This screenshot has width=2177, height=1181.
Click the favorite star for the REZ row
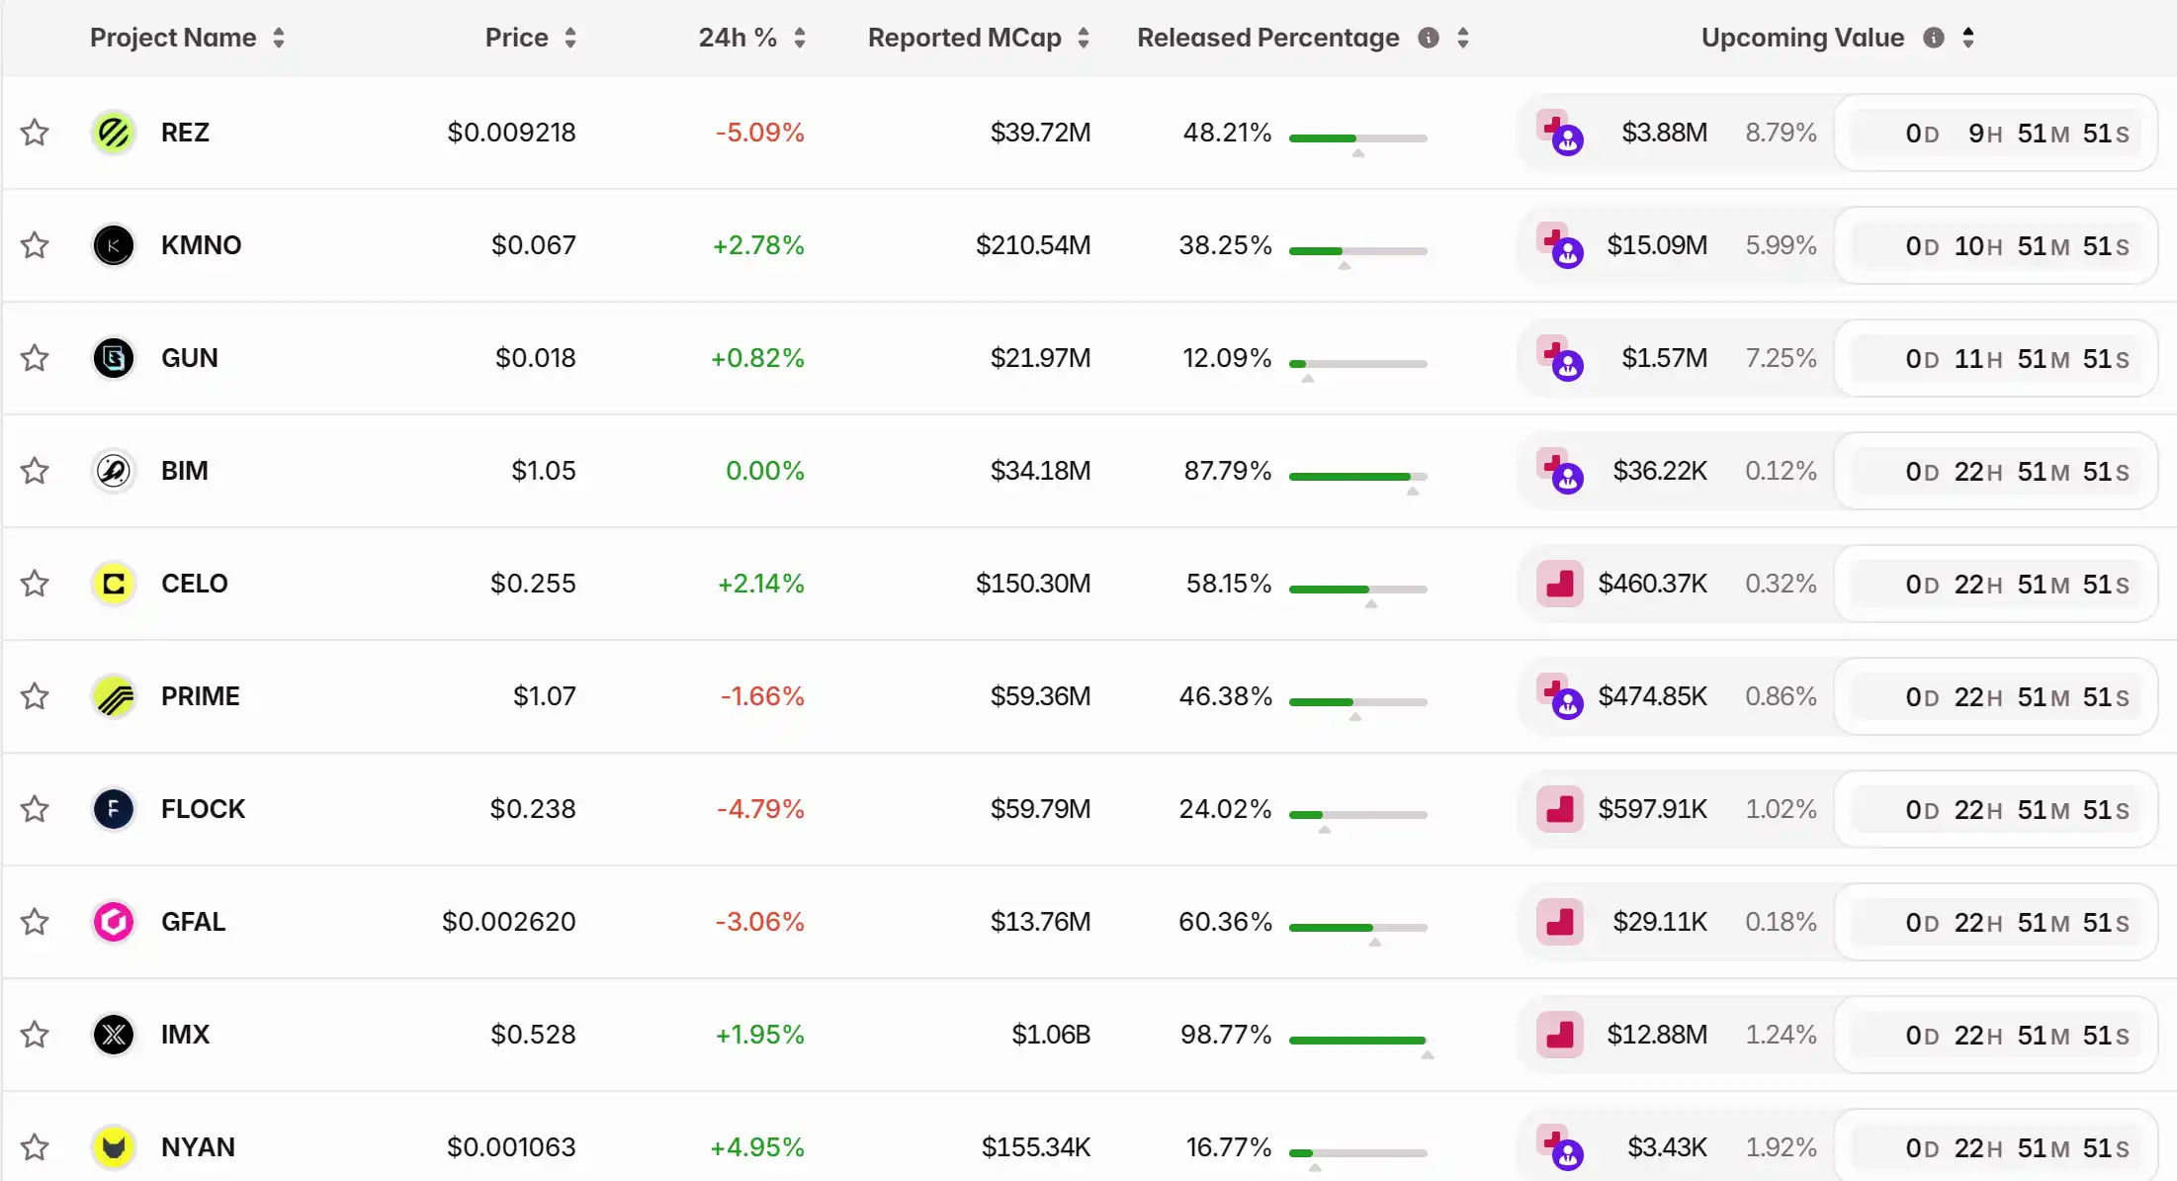35,133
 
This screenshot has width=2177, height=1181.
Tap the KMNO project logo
114,245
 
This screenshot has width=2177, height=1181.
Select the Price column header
516,38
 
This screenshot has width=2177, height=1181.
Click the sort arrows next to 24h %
800,38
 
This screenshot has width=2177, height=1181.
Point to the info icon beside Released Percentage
1428,38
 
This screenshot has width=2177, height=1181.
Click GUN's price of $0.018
535,358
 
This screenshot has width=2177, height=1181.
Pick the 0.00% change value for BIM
764,471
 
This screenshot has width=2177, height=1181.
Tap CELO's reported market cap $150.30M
1032,584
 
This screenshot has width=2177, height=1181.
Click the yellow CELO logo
114,584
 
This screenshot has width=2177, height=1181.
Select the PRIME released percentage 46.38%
1225,696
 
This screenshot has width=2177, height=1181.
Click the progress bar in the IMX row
1357,1040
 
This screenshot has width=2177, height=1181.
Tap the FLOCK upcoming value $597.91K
1652,809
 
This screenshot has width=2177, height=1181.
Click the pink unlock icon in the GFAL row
1559,922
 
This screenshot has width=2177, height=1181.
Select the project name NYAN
198,1147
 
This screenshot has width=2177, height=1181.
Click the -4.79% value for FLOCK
759,809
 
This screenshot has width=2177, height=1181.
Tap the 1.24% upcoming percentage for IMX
1781,1035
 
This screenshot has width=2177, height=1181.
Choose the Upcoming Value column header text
1801,38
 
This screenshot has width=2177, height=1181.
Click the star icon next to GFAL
35,922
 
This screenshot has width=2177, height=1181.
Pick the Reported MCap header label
964,38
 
